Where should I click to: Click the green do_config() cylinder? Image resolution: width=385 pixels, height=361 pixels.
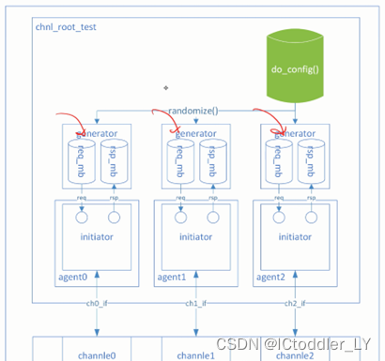pyautogui.click(x=296, y=67)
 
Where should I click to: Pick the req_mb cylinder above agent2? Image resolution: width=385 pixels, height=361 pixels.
pyautogui.click(x=274, y=160)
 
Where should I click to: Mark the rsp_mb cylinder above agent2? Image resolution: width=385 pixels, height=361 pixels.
pyautogui.click(x=305, y=160)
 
